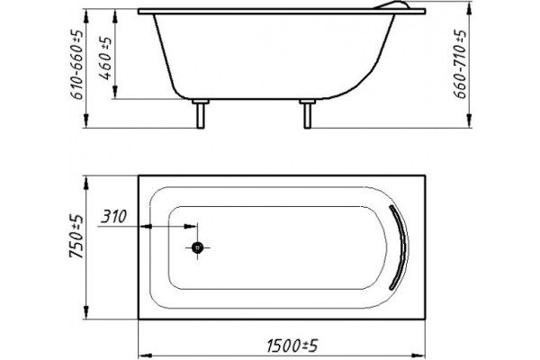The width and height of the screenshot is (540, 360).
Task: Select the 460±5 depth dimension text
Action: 106,58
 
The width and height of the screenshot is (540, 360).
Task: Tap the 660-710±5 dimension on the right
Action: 460,64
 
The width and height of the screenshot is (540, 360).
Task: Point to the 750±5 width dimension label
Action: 76,236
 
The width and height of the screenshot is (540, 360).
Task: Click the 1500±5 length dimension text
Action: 292,346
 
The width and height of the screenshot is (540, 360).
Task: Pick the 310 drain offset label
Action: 113,217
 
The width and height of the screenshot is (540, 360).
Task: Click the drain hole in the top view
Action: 197,247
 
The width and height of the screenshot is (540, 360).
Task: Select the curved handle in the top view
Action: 400,247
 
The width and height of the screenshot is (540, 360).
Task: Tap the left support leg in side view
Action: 201,113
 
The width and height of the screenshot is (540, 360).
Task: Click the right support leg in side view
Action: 308,113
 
